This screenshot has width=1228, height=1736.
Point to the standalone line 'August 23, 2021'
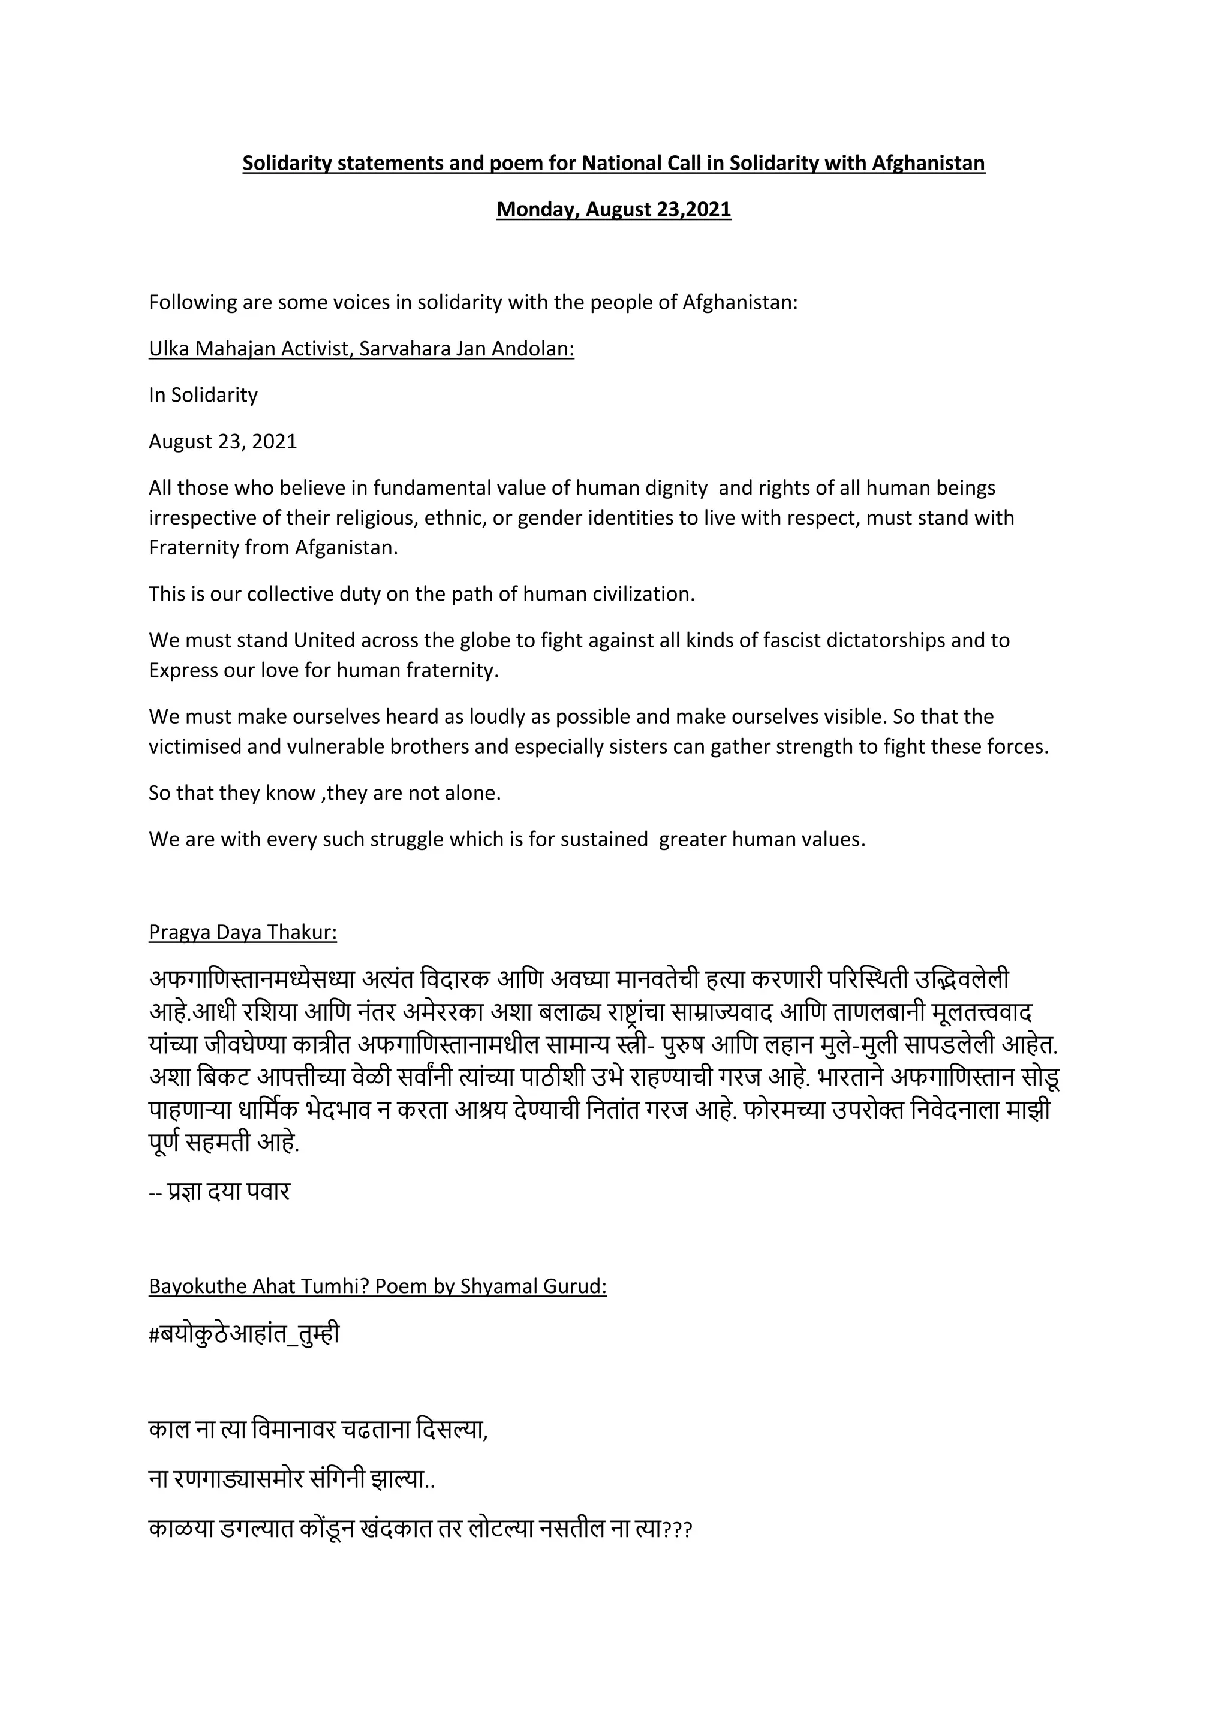(222, 442)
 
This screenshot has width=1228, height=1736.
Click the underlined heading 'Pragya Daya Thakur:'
(243, 932)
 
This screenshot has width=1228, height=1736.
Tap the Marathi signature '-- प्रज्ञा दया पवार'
(219, 1192)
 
